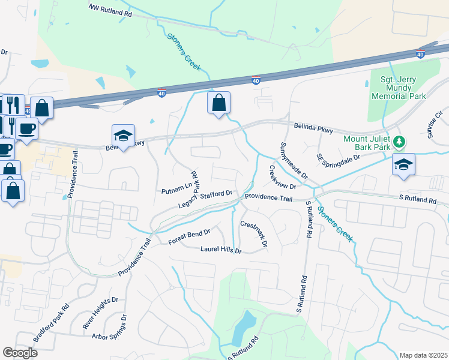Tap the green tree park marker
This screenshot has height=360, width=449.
(x=399, y=142)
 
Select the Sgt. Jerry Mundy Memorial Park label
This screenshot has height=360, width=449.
(x=398, y=88)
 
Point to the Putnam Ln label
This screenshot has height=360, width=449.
(x=175, y=191)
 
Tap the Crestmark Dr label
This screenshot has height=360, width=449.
(x=253, y=234)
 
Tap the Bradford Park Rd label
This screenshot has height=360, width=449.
(x=52, y=322)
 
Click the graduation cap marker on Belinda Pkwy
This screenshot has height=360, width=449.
(x=123, y=136)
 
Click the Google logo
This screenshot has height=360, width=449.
(x=20, y=353)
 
